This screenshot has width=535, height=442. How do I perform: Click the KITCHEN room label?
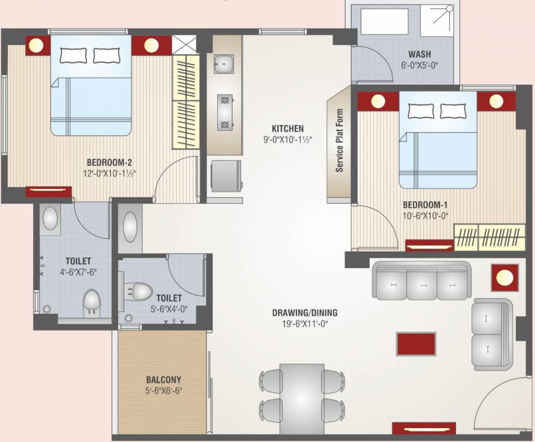point(288,128)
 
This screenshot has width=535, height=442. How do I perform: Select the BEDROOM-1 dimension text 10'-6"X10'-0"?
point(425,216)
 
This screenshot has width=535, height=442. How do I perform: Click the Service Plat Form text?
point(339,141)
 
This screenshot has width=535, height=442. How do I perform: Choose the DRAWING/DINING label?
point(305,313)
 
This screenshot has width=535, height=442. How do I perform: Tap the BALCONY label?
point(163,380)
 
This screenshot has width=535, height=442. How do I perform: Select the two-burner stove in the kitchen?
point(224,112)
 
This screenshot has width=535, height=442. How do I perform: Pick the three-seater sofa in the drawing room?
point(422,280)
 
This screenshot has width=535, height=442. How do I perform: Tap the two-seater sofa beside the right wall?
point(491,334)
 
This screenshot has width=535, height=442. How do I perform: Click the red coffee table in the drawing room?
point(415,344)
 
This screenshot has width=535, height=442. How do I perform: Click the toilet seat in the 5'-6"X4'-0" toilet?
point(138,291)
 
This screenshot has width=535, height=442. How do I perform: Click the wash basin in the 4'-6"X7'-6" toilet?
point(51,219)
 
